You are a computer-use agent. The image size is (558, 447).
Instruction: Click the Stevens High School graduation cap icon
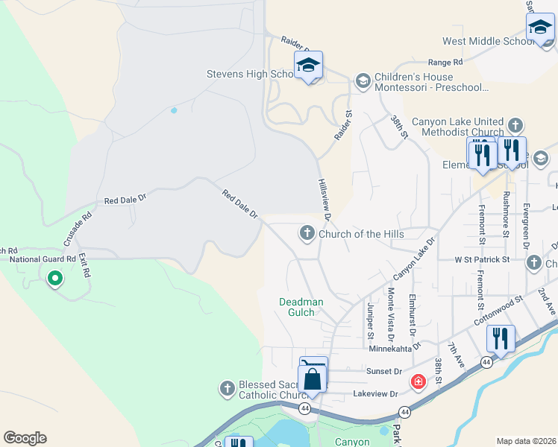coord(308,65)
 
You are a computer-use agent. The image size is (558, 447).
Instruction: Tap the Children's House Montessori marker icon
coord(363,80)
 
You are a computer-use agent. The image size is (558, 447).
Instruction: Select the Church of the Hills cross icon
coord(307,234)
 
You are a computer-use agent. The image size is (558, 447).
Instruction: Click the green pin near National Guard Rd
coord(54,279)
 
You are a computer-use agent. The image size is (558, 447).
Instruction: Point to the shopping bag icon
coord(314,376)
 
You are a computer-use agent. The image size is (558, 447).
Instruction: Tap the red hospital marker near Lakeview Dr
coord(418,382)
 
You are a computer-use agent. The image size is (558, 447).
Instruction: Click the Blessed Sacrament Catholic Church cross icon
coord(228,388)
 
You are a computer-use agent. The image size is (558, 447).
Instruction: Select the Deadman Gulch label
coord(301,307)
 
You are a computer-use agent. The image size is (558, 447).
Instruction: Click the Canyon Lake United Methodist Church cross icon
coord(515,124)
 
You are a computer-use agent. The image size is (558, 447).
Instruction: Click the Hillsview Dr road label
coord(324,199)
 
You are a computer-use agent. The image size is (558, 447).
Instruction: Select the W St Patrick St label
coord(482,260)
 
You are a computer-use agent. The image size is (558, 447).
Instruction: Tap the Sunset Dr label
coord(383,370)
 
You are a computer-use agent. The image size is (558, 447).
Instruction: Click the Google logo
coord(25,438)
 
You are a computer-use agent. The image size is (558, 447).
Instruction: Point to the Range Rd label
coord(445,62)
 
